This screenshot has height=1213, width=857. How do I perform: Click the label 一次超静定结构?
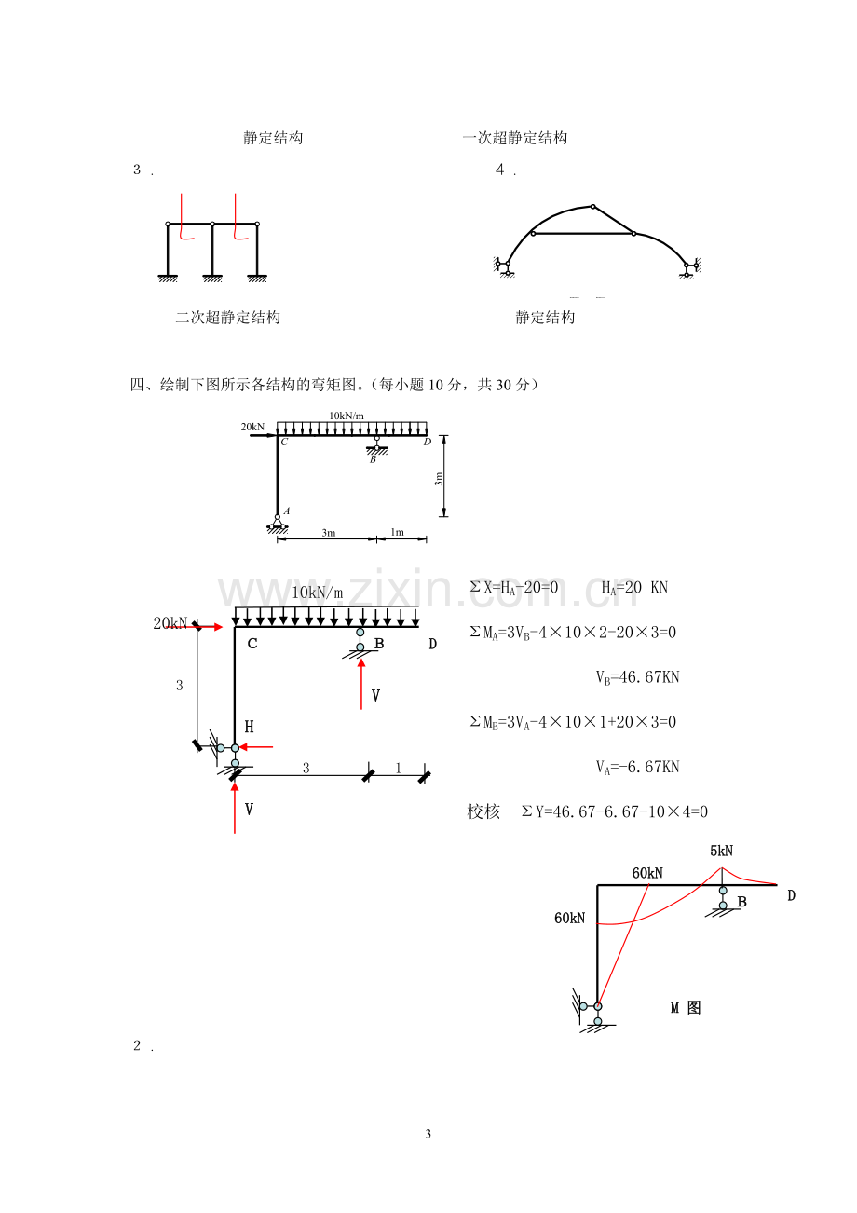(515, 138)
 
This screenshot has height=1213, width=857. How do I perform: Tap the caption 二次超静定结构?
(228, 318)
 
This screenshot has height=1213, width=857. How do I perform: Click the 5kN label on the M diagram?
(721, 851)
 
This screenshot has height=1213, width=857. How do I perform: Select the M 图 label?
(686, 1008)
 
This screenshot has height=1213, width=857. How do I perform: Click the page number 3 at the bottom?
(428, 1134)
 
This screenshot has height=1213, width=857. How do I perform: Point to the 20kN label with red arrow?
(170, 624)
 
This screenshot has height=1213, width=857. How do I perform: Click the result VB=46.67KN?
(638, 677)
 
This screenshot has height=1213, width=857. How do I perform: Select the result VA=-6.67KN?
(638, 767)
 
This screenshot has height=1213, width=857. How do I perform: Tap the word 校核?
(483, 811)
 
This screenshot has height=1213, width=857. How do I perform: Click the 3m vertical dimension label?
(439, 479)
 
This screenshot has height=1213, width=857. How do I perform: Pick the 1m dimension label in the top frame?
(398, 532)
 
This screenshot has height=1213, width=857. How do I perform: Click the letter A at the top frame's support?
(287, 511)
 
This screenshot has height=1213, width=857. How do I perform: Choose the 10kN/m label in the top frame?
(347, 416)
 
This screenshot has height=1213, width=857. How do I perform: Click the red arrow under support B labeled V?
(361, 684)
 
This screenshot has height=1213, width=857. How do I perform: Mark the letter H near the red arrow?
(249, 727)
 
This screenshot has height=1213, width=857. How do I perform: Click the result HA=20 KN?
(634, 588)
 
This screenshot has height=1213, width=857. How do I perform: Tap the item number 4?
(499, 170)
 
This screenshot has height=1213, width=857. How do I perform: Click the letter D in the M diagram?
(792, 895)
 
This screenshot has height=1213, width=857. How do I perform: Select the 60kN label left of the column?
(569, 918)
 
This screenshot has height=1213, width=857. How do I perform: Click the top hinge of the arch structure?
(592, 206)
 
